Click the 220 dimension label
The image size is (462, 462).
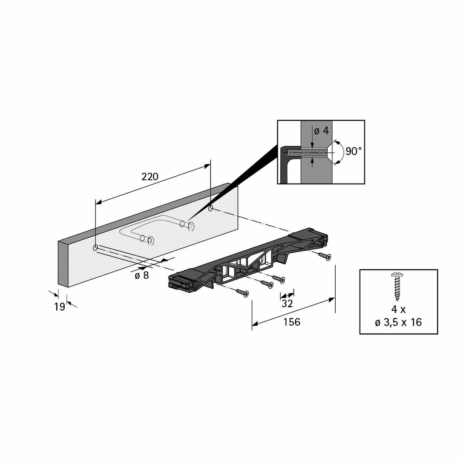pos(150,177)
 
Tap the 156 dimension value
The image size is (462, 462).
pos(291,322)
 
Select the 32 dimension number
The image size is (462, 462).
pos(287,303)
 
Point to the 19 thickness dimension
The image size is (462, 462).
pos(60,307)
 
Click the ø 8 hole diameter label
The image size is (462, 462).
pos(142,275)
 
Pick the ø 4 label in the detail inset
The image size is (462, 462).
pos(321,131)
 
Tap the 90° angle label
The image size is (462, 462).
pos(353,151)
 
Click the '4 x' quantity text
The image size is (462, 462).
pos(398,309)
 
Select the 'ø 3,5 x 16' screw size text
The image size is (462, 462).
pos(398,322)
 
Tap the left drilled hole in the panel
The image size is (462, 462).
pos(95,248)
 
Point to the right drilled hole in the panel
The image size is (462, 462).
pos(211,208)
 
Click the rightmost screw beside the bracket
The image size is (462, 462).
pos(325,256)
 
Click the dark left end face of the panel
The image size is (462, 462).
pos(63,264)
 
